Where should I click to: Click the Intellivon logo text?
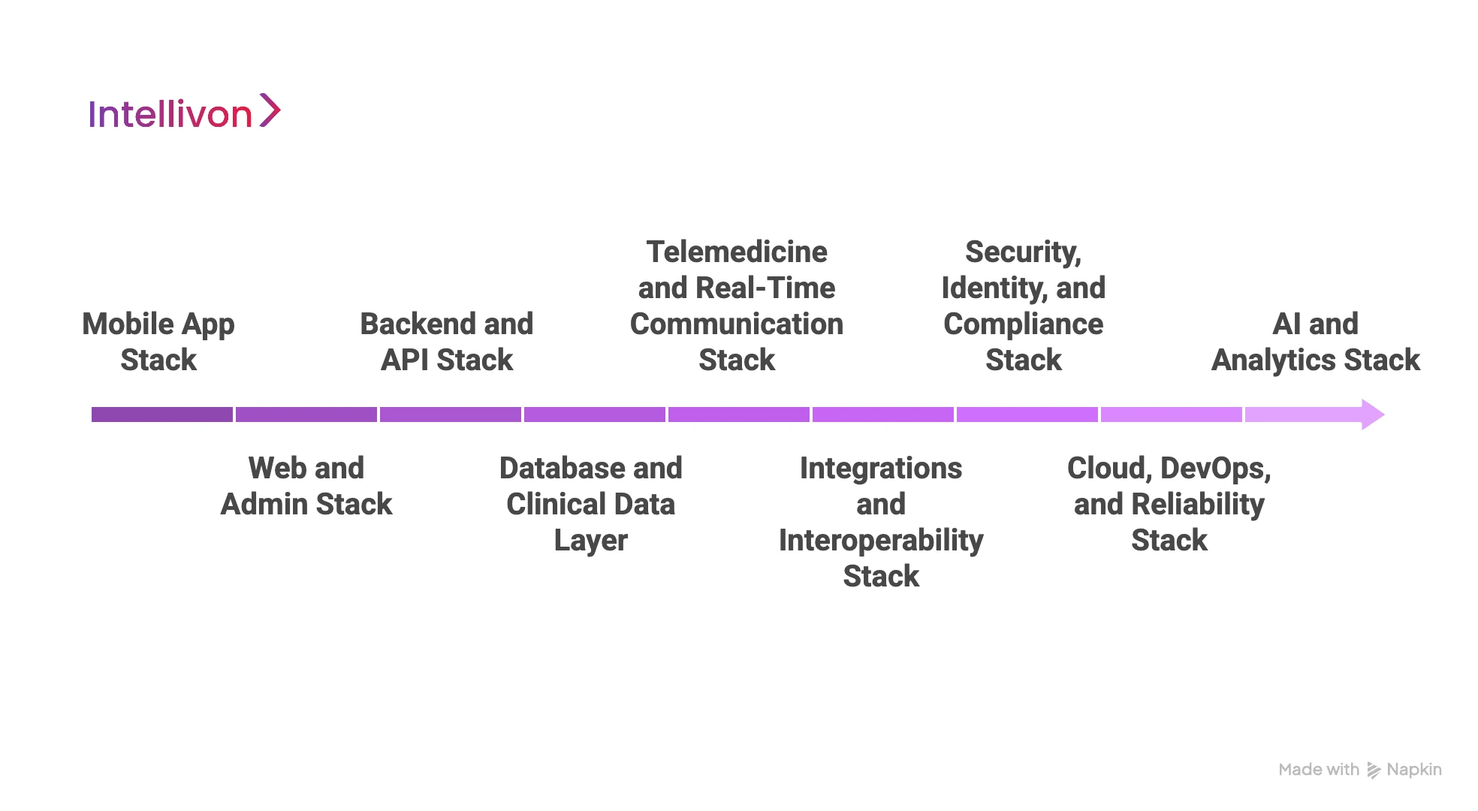point(170,115)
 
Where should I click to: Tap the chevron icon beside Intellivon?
point(270,110)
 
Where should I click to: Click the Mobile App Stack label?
point(158,342)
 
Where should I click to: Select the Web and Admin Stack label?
point(306,486)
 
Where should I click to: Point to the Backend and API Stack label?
point(447,342)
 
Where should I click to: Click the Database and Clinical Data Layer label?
point(591,504)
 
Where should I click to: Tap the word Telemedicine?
point(737,252)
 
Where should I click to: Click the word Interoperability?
point(881,541)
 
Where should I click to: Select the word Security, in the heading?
point(1023,252)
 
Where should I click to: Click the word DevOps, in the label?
point(1215,469)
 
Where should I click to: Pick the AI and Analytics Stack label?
point(1316,342)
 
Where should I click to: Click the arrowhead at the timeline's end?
point(1372,415)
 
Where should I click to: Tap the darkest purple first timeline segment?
point(162,415)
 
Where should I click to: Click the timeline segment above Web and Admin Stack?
point(306,415)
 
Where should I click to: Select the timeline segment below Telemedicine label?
point(739,415)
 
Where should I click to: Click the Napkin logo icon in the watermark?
point(1374,770)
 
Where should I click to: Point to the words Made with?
point(1319,770)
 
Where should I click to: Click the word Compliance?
point(1023,324)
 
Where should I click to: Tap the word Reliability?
point(1198,505)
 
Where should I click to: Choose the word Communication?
point(737,324)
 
